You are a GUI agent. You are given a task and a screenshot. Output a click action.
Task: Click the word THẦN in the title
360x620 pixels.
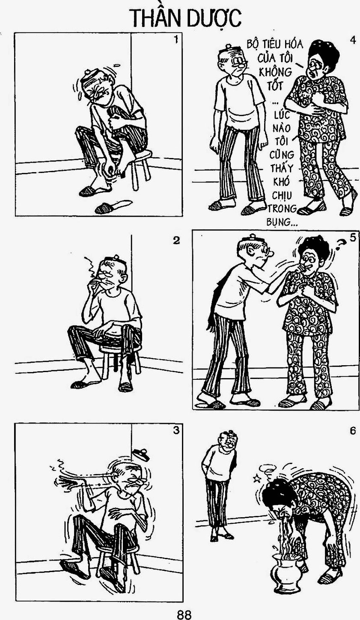click(156, 18)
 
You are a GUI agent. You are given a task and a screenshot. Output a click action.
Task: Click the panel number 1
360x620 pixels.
click(176, 40)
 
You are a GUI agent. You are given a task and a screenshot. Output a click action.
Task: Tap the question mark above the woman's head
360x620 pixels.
click(340, 244)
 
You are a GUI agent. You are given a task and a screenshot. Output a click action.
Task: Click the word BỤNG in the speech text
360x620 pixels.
click(279, 222)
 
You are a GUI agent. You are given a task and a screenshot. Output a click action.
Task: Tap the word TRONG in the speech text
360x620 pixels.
click(282, 208)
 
